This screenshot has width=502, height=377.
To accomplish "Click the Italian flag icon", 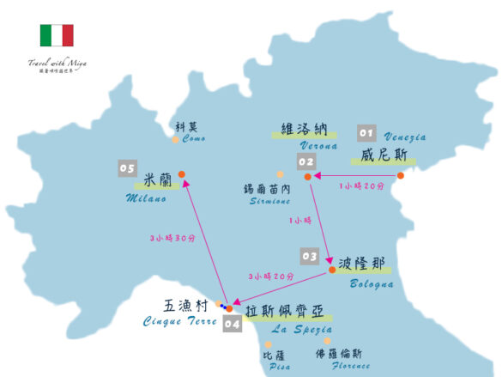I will coord(57,35).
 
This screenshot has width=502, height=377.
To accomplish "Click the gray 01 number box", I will coord(366,133).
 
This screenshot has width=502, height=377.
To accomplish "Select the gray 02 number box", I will coord(306,161).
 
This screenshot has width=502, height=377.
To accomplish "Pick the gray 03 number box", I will coord(309,256).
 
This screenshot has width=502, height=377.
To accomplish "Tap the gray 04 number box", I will coord(232,324).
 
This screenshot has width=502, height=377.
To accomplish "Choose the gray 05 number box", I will coord(128,168).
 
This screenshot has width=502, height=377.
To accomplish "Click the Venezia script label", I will coord(404,137).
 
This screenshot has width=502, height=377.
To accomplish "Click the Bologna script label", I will coord(372,283).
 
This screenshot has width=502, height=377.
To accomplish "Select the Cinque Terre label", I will coord(179,320).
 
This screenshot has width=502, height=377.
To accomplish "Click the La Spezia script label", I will coord(301,328).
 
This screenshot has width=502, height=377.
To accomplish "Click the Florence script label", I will coord(352,365).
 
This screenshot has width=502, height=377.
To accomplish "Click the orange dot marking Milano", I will coord(182,175).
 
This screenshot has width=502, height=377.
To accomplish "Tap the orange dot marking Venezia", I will coord(400,176).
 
